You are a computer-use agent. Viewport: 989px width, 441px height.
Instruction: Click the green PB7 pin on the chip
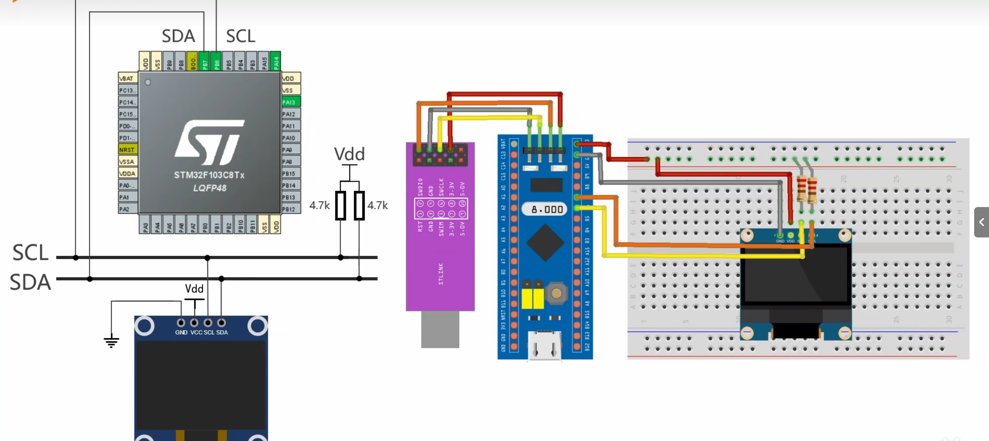coord(204,62)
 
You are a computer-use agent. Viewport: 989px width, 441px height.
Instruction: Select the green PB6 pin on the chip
coord(216,62)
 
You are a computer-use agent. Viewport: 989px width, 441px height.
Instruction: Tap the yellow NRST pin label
coord(128,150)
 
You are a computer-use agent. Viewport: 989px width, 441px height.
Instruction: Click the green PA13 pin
coord(291,102)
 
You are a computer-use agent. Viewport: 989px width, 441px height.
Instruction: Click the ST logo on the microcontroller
coord(210,142)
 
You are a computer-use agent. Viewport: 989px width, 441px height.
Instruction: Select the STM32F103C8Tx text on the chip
coord(209,175)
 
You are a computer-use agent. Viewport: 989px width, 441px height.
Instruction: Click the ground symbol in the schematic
coord(111,342)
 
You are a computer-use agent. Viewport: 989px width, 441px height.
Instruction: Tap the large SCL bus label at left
coord(30,253)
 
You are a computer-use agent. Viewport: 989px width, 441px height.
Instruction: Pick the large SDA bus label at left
coord(30,282)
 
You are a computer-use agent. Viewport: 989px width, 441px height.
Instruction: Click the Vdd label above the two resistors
coord(349,154)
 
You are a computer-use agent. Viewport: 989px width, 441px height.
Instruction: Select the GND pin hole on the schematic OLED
coord(181,323)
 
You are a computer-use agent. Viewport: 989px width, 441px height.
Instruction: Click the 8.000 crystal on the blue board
coord(547,209)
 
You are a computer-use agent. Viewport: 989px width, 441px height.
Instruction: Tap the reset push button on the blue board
coord(556,293)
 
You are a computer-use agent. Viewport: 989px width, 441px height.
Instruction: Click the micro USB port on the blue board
coord(545,345)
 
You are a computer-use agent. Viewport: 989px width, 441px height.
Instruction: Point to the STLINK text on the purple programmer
coord(441,274)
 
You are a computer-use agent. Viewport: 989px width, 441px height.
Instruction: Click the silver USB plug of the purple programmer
coord(440,329)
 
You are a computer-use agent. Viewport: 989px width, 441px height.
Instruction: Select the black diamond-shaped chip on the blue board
coord(545,243)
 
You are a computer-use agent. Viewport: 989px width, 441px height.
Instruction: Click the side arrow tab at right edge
coord(982,222)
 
